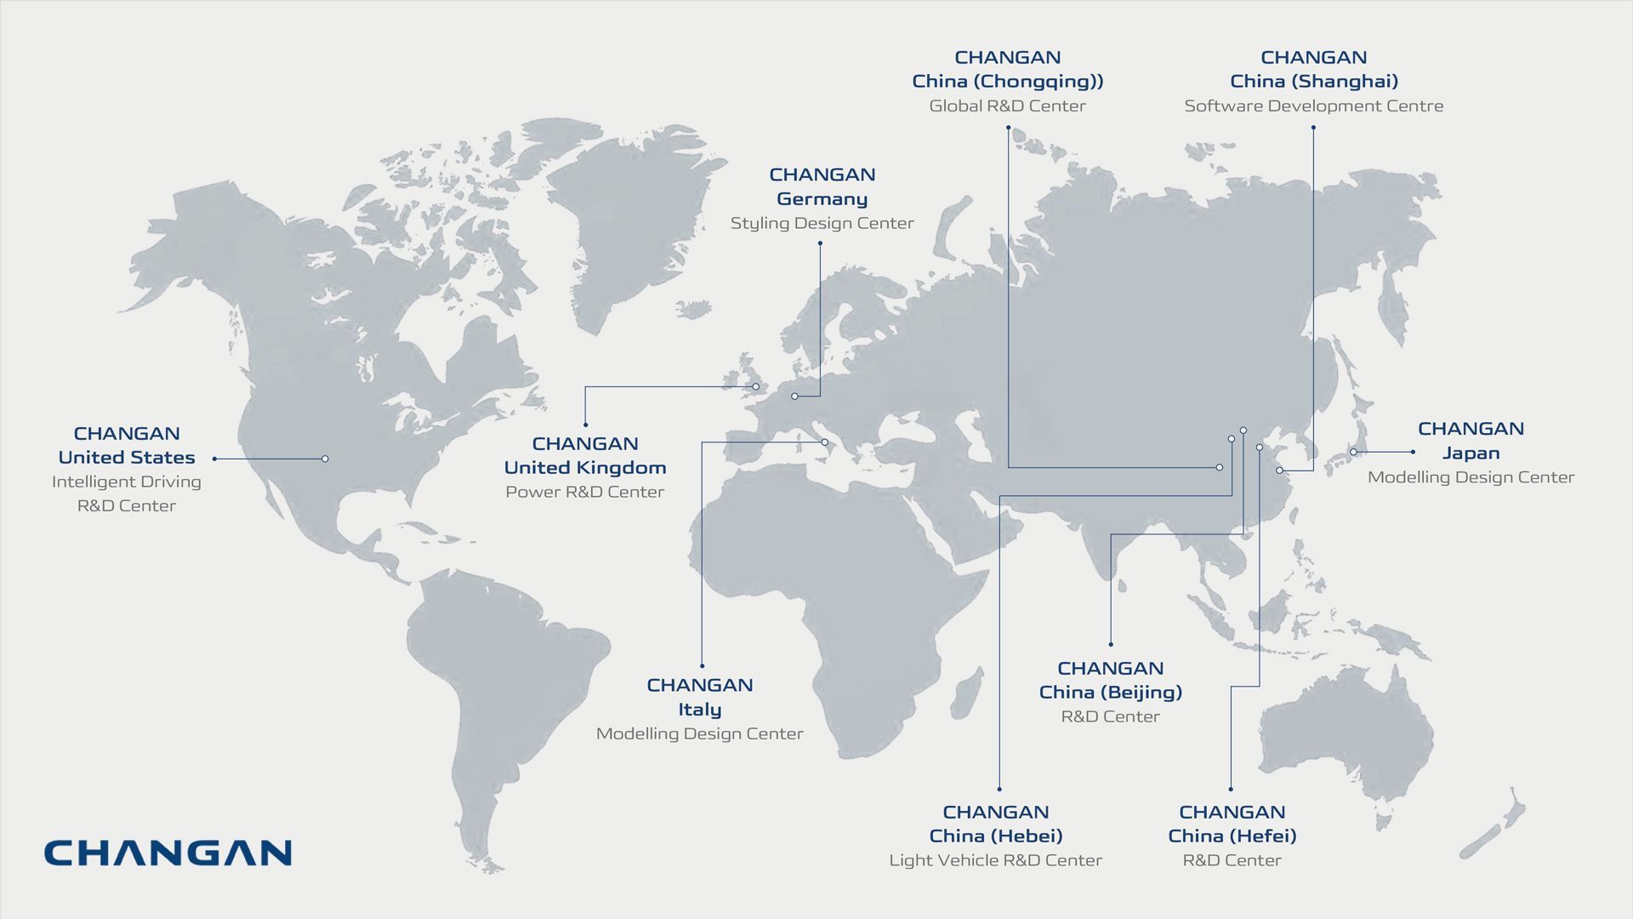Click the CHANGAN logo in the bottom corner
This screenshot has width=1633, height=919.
click(x=168, y=853)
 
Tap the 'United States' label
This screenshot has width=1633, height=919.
click(x=127, y=458)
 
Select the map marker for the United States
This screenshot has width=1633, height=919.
click(x=325, y=459)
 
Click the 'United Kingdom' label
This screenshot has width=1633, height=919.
click(x=585, y=468)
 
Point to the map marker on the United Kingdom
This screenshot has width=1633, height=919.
click(x=755, y=387)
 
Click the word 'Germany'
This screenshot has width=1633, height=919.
click(x=822, y=199)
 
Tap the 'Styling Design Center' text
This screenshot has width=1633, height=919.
click(x=822, y=224)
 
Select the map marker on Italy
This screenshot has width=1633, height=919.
click(x=824, y=442)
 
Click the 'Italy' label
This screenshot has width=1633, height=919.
click(x=700, y=710)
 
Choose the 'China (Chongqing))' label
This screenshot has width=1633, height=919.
click(x=1008, y=82)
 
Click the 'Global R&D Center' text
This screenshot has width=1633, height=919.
click(x=1008, y=106)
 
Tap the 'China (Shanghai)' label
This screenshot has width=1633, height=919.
click(x=1314, y=82)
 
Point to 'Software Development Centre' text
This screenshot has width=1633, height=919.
click(x=1314, y=106)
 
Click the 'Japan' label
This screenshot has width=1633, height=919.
click(x=1471, y=454)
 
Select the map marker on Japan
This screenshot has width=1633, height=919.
click(x=1353, y=452)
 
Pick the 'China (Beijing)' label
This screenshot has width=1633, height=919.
click(x=1111, y=693)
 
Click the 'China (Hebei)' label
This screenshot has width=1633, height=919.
click(x=996, y=836)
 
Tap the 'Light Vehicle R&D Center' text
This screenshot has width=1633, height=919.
click(x=996, y=860)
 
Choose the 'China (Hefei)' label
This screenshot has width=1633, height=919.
click(x=1232, y=836)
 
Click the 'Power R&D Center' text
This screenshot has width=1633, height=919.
click(x=585, y=492)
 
